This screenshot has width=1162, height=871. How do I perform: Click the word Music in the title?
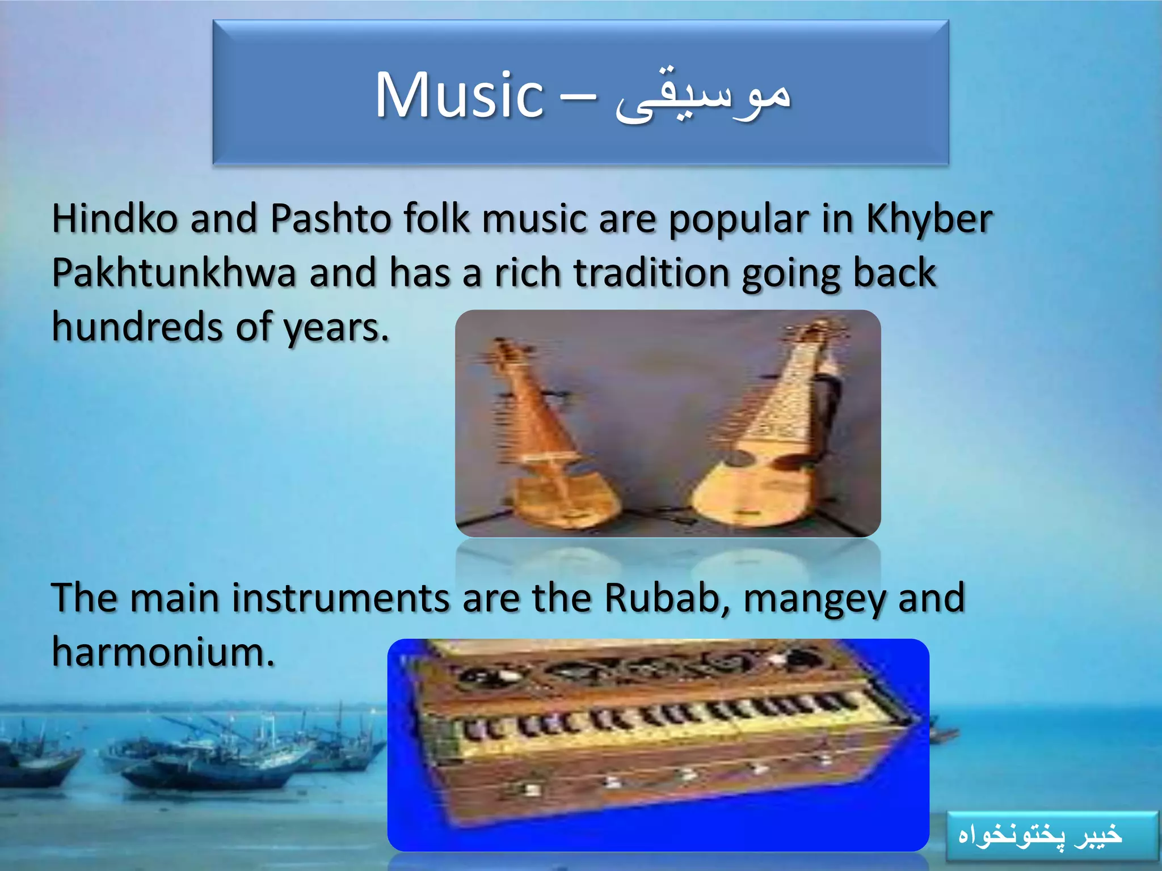pyautogui.click(x=460, y=95)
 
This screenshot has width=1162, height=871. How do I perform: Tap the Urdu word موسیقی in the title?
pyautogui.click(x=704, y=96)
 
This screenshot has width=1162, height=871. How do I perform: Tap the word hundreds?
pyautogui.click(x=137, y=327)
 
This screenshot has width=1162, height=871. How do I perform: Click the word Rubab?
pyautogui.click(x=660, y=598)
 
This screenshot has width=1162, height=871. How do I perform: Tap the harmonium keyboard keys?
pyautogui.click(x=652, y=723)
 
